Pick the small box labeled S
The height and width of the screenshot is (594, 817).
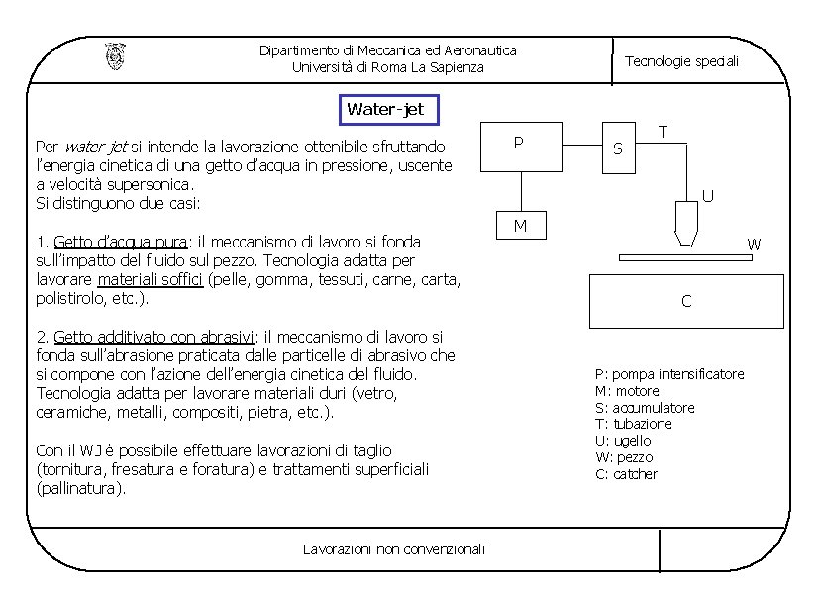[x=618, y=149]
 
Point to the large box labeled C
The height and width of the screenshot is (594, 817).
[x=686, y=301]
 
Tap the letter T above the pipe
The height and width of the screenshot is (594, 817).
[x=663, y=132]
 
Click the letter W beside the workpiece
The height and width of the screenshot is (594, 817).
[x=754, y=244]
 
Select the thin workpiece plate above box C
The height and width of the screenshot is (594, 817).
[x=685, y=258]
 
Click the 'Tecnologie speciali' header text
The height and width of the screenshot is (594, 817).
[x=681, y=61]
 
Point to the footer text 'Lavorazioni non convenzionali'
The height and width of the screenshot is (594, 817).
[x=394, y=548]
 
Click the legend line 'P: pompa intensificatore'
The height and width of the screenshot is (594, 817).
[x=669, y=374]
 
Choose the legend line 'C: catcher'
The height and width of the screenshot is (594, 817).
[x=626, y=474]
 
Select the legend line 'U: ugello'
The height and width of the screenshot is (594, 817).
[x=623, y=441]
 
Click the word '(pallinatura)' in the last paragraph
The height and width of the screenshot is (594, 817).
[x=80, y=488]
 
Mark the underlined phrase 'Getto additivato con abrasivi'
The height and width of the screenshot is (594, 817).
[x=153, y=337]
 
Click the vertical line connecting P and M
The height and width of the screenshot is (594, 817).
[x=520, y=192]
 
